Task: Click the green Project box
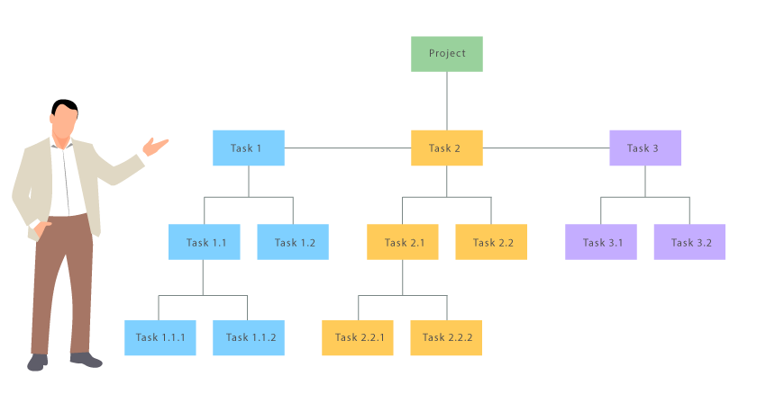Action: tap(447, 54)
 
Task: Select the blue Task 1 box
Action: tap(249, 148)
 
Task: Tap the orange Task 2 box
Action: tap(447, 148)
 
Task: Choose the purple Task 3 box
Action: tap(645, 148)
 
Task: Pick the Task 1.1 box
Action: tap(205, 243)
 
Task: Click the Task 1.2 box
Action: tap(293, 243)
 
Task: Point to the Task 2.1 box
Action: tap(403, 243)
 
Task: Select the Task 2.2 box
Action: tap(491, 243)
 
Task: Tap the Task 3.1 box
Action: tap(601, 243)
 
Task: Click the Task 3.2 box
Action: tap(689, 243)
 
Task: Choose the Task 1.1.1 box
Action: tap(160, 338)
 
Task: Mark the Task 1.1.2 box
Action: tap(249, 338)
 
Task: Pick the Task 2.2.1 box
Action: tap(358, 338)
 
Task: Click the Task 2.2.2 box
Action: tap(446, 338)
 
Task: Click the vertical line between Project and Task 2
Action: tap(447, 101)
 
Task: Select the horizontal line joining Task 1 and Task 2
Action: tap(348, 148)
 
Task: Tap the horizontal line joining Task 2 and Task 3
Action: tap(546, 148)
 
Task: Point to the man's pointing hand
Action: tap(157, 146)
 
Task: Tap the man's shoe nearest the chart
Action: tap(86, 360)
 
